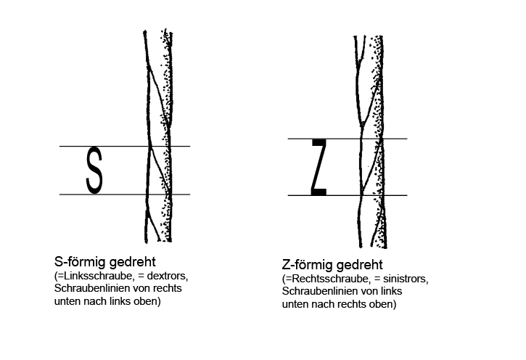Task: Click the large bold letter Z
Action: click(x=319, y=167)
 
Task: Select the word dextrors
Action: click(x=168, y=276)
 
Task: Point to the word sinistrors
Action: click(x=406, y=279)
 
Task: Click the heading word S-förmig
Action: click(x=80, y=262)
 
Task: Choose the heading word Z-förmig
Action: click(x=307, y=265)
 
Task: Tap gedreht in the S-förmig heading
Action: click(x=133, y=262)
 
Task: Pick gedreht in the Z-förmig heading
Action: click(x=359, y=265)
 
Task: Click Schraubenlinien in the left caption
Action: click(x=92, y=288)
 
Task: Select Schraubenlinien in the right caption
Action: click(x=320, y=291)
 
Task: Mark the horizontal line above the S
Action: click(x=125, y=147)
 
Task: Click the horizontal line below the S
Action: click(x=125, y=195)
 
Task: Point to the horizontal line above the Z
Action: click(x=348, y=139)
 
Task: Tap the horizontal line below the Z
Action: click(x=348, y=195)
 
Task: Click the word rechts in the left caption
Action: click(x=168, y=288)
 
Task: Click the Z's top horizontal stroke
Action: click(x=319, y=142)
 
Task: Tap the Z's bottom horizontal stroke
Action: click(x=319, y=192)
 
